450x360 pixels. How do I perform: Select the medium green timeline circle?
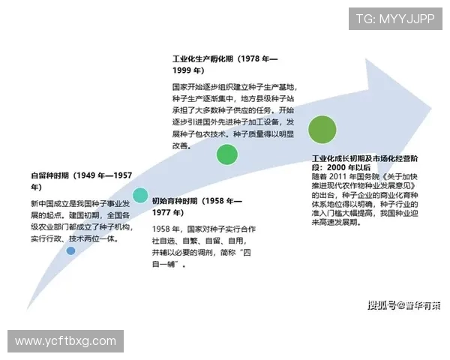click(x=227, y=154)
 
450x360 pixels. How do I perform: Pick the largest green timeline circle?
click(x=322, y=129)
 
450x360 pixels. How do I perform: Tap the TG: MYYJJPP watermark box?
click(x=394, y=19)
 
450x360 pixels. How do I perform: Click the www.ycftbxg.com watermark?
click(x=65, y=341)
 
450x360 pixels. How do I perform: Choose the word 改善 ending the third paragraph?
click(x=181, y=146)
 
